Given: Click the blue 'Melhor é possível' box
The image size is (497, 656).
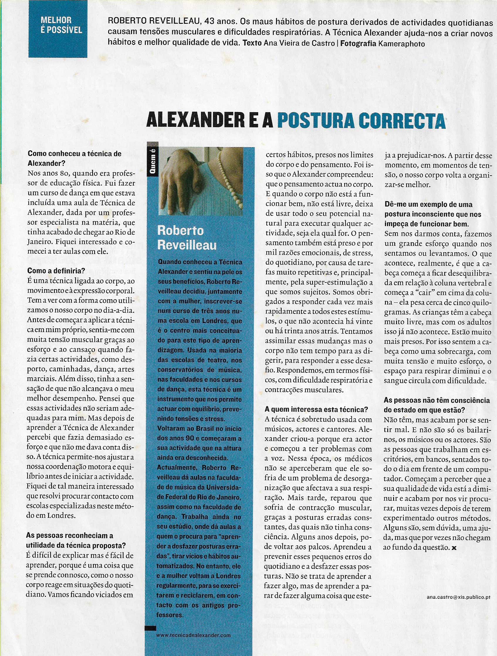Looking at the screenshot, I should point(58,29).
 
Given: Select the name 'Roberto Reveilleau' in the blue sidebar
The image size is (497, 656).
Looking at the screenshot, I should point(187,238).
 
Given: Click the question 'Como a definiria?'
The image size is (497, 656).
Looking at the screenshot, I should point(56,270).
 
